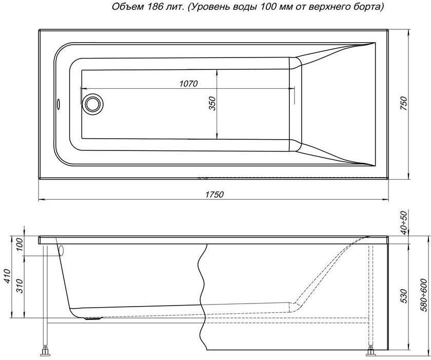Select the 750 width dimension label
point(404,103)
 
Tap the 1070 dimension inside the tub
point(189,83)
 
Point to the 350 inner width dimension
point(213,104)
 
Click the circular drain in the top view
point(94,103)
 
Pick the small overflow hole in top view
point(58,103)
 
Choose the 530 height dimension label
point(404,296)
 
